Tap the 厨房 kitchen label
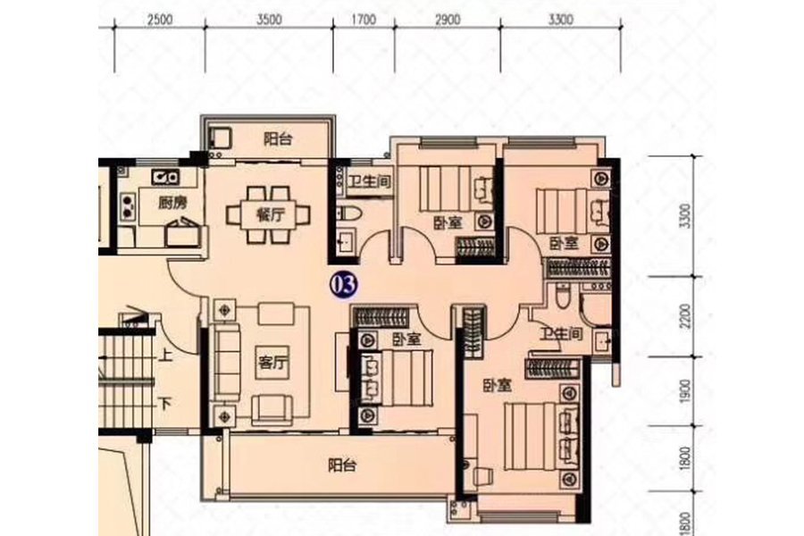coord(172,204)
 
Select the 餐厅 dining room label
coord(270,214)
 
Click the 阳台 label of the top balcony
coord(278,139)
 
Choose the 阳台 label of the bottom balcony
coord(342,465)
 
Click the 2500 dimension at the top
coord(160,20)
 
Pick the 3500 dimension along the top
coord(269,20)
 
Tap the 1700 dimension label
coord(364,20)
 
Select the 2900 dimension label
coord(448,20)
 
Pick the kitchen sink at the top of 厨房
coord(165,178)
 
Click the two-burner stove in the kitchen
coord(128,205)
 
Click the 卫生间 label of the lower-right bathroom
coord(562,334)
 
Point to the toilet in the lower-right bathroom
coord(563,296)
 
